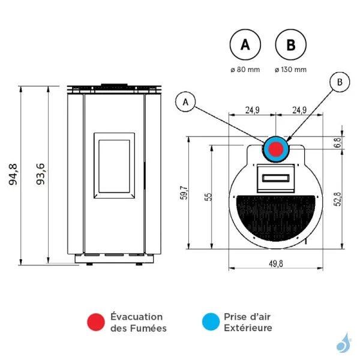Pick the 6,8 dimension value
pyautogui.click(x=338, y=142)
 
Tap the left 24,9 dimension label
pyautogui.click(x=252, y=110)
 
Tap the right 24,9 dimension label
pyautogui.click(x=299, y=110)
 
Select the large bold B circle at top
pyautogui.click(x=290, y=44)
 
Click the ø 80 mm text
pyautogui.click(x=245, y=70)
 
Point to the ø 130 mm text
pyautogui.click(x=290, y=70)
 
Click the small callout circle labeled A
pyautogui.click(x=186, y=103)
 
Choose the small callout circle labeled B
pyautogui.click(x=340, y=82)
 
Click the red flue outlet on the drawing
pyautogui.click(x=276, y=149)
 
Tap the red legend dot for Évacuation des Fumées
pyautogui.click(x=95, y=322)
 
